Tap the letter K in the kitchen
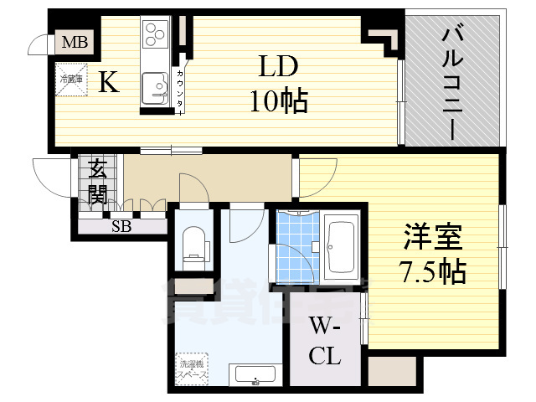tap(108, 82)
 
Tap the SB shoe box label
tap(121, 225)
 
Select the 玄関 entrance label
tap(98, 182)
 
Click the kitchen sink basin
tap(155, 86)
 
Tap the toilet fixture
tap(194, 242)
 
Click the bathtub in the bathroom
tap(342, 246)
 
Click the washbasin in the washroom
tap(255, 374)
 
